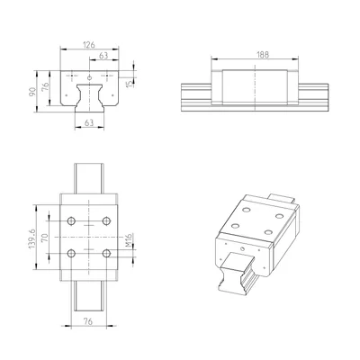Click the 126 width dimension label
tap(89, 45)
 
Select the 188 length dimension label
tap(263, 55)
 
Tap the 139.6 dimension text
tap(32, 238)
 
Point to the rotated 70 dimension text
tap(44, 238)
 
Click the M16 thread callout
tap(129, 240)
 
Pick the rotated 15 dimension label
tap(130, 83)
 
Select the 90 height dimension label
tap(32, 91)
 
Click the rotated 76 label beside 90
tap(45, 86)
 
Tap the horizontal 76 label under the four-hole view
tap(88, 321)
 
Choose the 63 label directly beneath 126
tap(103, 56)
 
